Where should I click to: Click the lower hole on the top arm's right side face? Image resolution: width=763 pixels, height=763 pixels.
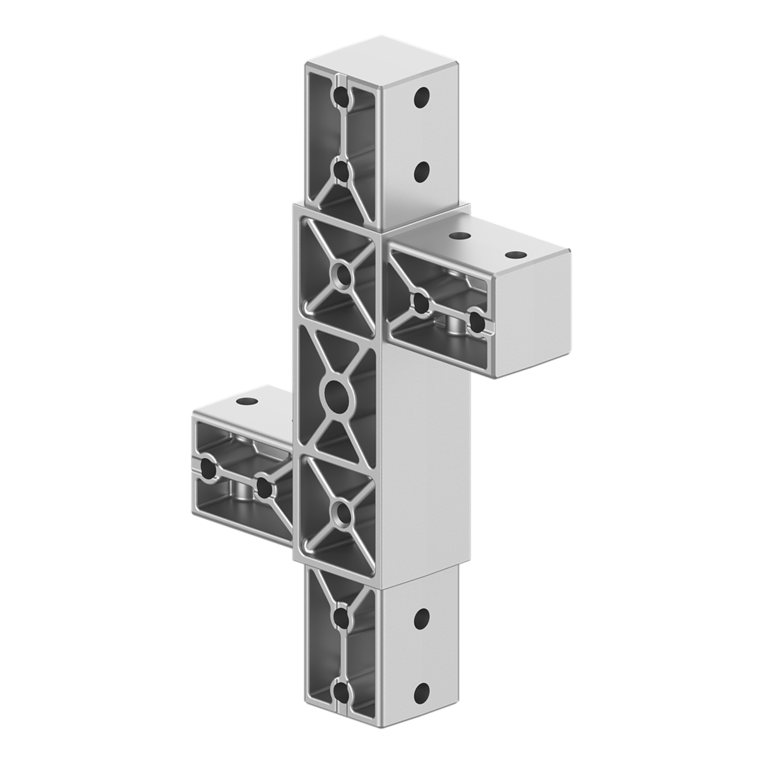421,170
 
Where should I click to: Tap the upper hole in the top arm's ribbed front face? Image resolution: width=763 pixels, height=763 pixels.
343,97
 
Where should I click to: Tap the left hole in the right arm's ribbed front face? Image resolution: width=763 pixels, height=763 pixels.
420,303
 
